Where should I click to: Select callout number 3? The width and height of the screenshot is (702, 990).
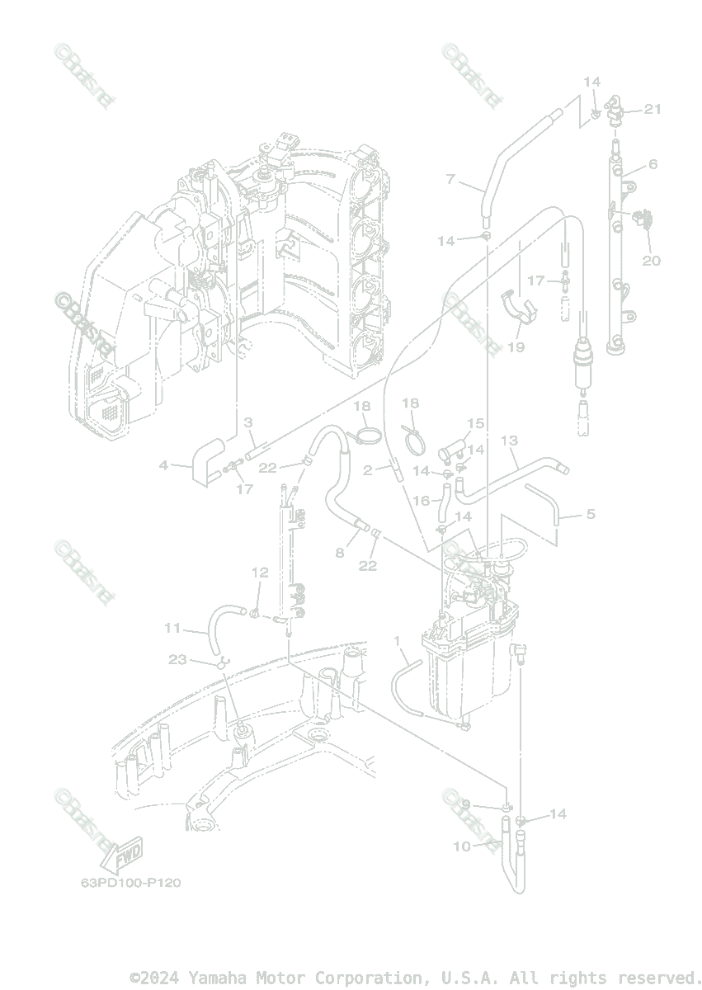[x=247, y=422]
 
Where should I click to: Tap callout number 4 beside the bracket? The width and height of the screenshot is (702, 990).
[x=163, y=465]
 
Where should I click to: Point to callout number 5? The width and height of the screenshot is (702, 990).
[x=591, y=514]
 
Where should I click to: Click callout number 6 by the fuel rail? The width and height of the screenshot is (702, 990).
[x=653, y=164]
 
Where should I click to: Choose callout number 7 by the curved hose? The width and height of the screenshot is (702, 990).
[x=450, y=178]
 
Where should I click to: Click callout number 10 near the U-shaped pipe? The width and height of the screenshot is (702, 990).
[x=461, y=846]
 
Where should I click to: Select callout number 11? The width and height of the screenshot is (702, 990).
[x=172, y=628]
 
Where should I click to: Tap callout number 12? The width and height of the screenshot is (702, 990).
[x=260, y=572]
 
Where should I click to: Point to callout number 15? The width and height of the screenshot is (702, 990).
[x=475, y=423]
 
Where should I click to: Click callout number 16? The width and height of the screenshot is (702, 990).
[x=421, y=500]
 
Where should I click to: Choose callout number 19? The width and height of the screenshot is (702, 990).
[x=516, y=347]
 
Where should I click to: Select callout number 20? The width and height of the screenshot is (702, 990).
[x=652, y=261]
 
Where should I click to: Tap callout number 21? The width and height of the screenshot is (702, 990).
[x=653, y=109]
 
